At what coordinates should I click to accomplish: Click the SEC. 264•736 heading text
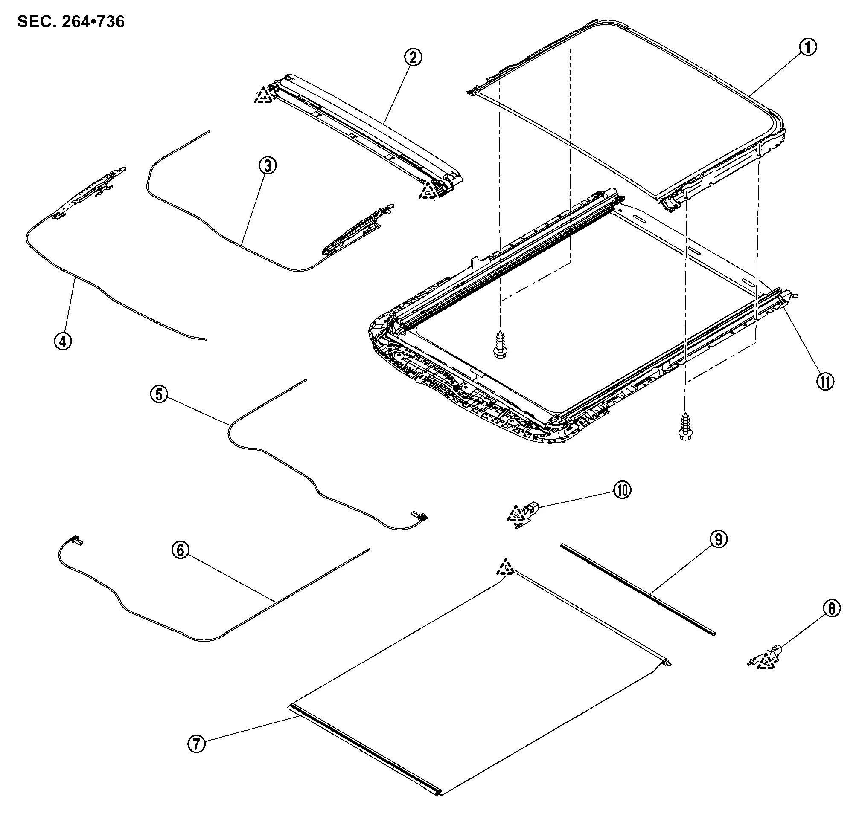point(71,22)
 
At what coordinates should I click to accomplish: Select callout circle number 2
point(413,57)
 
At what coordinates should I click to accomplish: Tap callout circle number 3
point(267,166)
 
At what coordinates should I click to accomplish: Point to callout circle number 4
point(63,341)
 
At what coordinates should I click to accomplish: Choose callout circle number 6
point(181,550)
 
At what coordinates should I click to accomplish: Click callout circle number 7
point(196,744)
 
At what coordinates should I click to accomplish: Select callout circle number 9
point(718,539)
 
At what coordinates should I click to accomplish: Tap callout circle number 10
point(622,490)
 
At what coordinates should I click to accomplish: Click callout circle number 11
point(825,382)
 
